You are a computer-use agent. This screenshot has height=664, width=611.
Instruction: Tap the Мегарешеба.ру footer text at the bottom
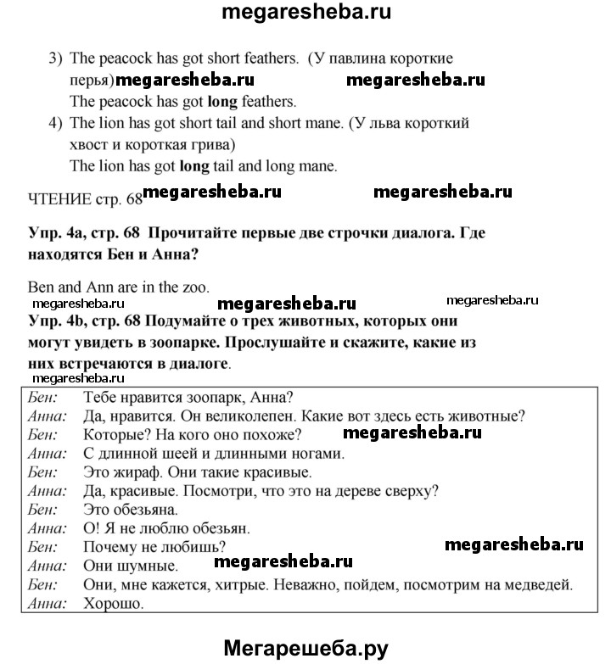(306, 649)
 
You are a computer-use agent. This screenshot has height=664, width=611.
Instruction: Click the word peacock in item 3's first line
(120, 59)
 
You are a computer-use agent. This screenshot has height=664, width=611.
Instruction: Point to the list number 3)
(56, 59)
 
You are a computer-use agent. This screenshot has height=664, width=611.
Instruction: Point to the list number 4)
(56, 123)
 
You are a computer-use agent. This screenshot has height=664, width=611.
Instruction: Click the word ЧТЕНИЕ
(59, 198)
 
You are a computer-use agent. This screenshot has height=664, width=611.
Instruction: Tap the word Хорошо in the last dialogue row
(115, 604)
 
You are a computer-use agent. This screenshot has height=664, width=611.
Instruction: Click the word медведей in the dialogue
(544, 584)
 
